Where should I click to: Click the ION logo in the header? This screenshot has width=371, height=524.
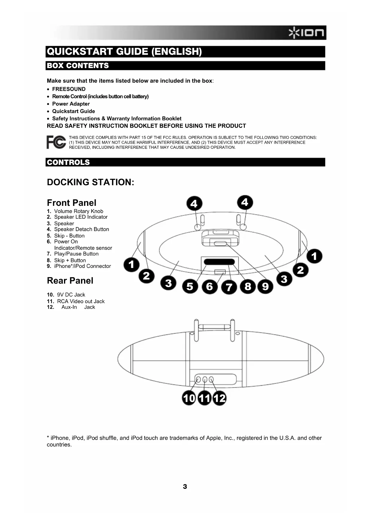tap(306, 33)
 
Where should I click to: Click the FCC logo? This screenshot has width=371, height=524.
tap(56, 142)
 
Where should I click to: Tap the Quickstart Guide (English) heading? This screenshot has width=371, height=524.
tap(124, 52)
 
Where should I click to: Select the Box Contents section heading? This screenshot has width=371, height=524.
tap(78, 66)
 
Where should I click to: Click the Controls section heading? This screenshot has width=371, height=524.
tap(68, 162)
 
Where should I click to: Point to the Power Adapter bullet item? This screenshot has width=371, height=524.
tap(71, 104)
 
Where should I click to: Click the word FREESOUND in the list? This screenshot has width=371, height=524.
tap(69, 89)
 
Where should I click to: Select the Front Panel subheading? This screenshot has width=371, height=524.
tap(71, 203)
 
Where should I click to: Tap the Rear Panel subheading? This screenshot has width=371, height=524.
tap(70, 281)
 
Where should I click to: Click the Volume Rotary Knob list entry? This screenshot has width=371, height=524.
tap(78, 211)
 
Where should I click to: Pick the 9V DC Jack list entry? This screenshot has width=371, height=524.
tap(71, 295)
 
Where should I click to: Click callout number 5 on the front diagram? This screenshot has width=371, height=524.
tap(190, 286)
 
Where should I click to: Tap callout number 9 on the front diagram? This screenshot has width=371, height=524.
tap(265, 286)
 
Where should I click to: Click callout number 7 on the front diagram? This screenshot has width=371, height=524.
tap(229, 287)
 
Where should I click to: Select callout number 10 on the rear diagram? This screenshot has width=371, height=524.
tap(189, 398)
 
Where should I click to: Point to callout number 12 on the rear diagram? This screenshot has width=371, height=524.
tap(219, 398)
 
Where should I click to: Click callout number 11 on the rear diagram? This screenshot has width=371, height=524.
tap(204, 398)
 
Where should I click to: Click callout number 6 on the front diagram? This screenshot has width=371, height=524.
tap(209, 286)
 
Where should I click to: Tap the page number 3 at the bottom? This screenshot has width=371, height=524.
tap(185, 487)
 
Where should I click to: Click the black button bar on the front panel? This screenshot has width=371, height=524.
tap(219, 262)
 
